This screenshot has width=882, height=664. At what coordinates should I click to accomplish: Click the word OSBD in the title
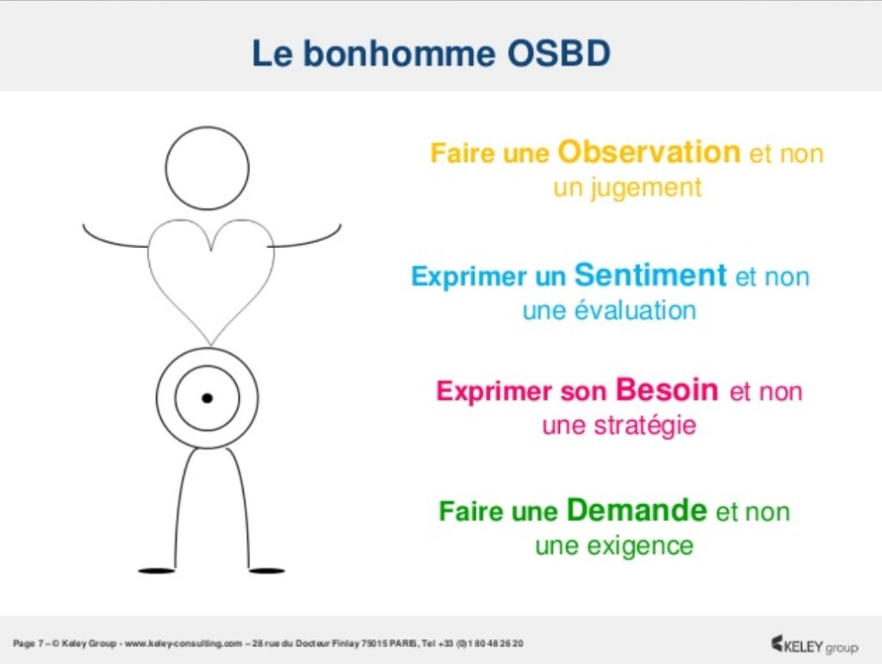[x=559, y=54]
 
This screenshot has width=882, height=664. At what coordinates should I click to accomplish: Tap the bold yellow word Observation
[x=649, y=152]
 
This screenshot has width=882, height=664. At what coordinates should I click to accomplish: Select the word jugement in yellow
[x=646, y=189]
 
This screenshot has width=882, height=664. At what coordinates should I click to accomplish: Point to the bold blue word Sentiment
[x=650, y=275]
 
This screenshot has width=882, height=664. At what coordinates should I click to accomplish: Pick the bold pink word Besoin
[x=667, y=389]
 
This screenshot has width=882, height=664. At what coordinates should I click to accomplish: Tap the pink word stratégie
[x=645, y=425]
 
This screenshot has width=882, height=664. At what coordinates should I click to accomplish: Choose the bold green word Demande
[x=637, y=510]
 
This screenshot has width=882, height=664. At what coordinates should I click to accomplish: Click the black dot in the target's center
[x=207, y=398]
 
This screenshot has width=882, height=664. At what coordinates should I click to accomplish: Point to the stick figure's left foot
[x=157, y=571]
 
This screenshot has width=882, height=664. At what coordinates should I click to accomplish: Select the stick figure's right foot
[x=267, y=571]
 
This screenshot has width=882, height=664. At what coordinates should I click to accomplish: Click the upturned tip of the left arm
[x=84, y=226]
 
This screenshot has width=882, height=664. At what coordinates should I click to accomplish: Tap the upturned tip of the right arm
[x=340, y=226]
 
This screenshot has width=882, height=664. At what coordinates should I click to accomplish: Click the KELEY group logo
[x=815, y=645]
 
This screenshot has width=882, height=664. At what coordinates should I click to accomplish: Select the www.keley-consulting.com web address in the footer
[x=183, y=643]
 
